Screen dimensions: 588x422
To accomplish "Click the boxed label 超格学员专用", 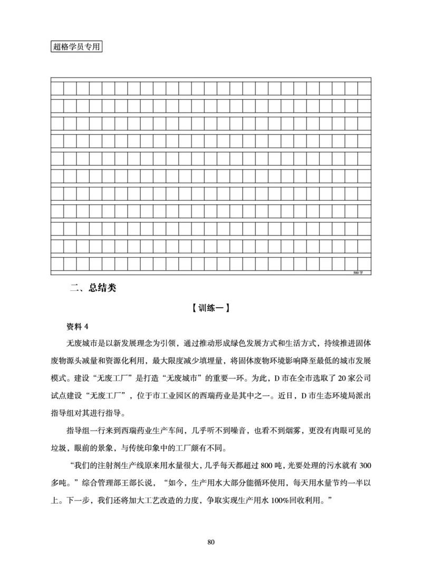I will pyautogui.click(x=76, y=46).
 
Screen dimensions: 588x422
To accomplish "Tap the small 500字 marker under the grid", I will pyautogui.click(x=358, y=272).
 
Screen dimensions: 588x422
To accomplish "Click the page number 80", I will pyautogui.click(x=211, y=542).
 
